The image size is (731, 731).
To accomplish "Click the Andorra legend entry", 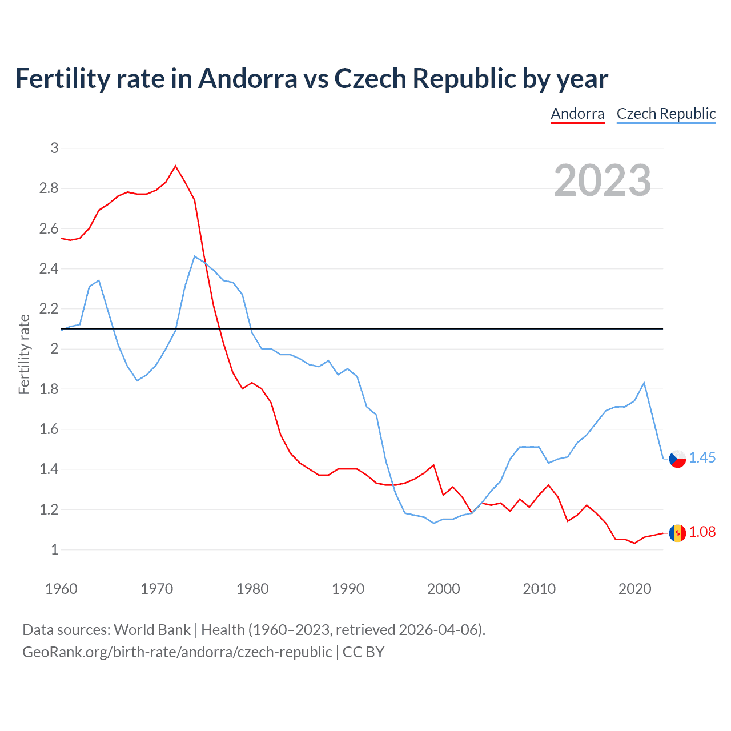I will pyautogui.click(x=577, y=114).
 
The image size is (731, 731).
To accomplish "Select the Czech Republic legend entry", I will pyautogui.click(x=666, y=114).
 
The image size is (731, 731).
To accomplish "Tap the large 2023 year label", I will pyautogui.click(x=603, y=180).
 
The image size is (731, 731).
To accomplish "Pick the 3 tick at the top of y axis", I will pyautogui.click(x=55, y=148).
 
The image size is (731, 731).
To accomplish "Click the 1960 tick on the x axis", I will pyautogui.click(x=61, y=589).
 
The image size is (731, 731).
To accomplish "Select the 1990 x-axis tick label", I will pyautogui.click(x=348, y=589).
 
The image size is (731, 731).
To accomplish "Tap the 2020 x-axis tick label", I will pyautogui.click(x=634, y=589).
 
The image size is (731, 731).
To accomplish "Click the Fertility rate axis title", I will pyautogui.click(x=24, y=354).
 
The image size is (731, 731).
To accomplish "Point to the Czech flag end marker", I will pyautogui.click(x=677, y=459).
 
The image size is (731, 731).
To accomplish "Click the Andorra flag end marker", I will pyautogui.click(x=677, y=533).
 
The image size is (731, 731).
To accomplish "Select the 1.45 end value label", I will pyautogui.click(x=702, y=458).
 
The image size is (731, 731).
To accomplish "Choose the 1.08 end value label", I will pyautogui.click(x=702, y=532).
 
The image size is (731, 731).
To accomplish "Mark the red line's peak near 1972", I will pyautogui.click(x=175, y=166).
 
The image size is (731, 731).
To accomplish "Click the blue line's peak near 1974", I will pyautogui.click(x=195, y=256).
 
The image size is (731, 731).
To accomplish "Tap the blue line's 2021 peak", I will pyautogui.click(x=644, y=383).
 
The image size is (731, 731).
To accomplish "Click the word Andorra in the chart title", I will pyautogui.click(x=247, y=78).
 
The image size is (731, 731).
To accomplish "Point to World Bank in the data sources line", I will pyautogui.click(x=152, y=630).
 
